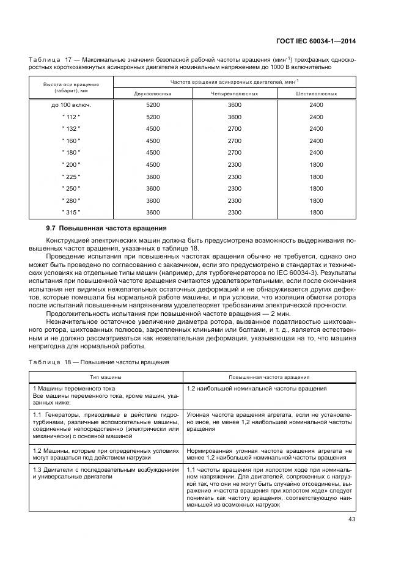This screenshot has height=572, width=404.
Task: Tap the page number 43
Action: pyautogui.click(x=351, y=520)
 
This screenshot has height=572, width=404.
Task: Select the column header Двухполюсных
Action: pyautogui.click(x=152, y=94)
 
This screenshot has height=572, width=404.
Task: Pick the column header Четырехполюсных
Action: pyautogui.click(x=234, y=94)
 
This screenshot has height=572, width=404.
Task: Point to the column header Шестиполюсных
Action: pyautogui.click(x=316, y=94)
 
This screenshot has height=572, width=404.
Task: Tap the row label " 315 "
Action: pyautogui.click(x=71, y=212)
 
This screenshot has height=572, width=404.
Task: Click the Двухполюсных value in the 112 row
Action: pyautogui.click(x=152, y=117)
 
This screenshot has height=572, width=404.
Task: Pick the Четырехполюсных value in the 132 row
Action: pyautogui.click(x=234, y=129)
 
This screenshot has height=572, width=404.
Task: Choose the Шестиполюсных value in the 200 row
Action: pyautogui.click(x=316, y=165)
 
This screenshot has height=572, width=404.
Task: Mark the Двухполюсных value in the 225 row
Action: pyautogui.click(x=152, y=177)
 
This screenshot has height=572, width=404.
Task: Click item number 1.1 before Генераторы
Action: pyautogui.click(x=36, y=414)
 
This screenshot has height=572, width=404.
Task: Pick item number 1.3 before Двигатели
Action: pyautogui.click(x=36, y=469)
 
